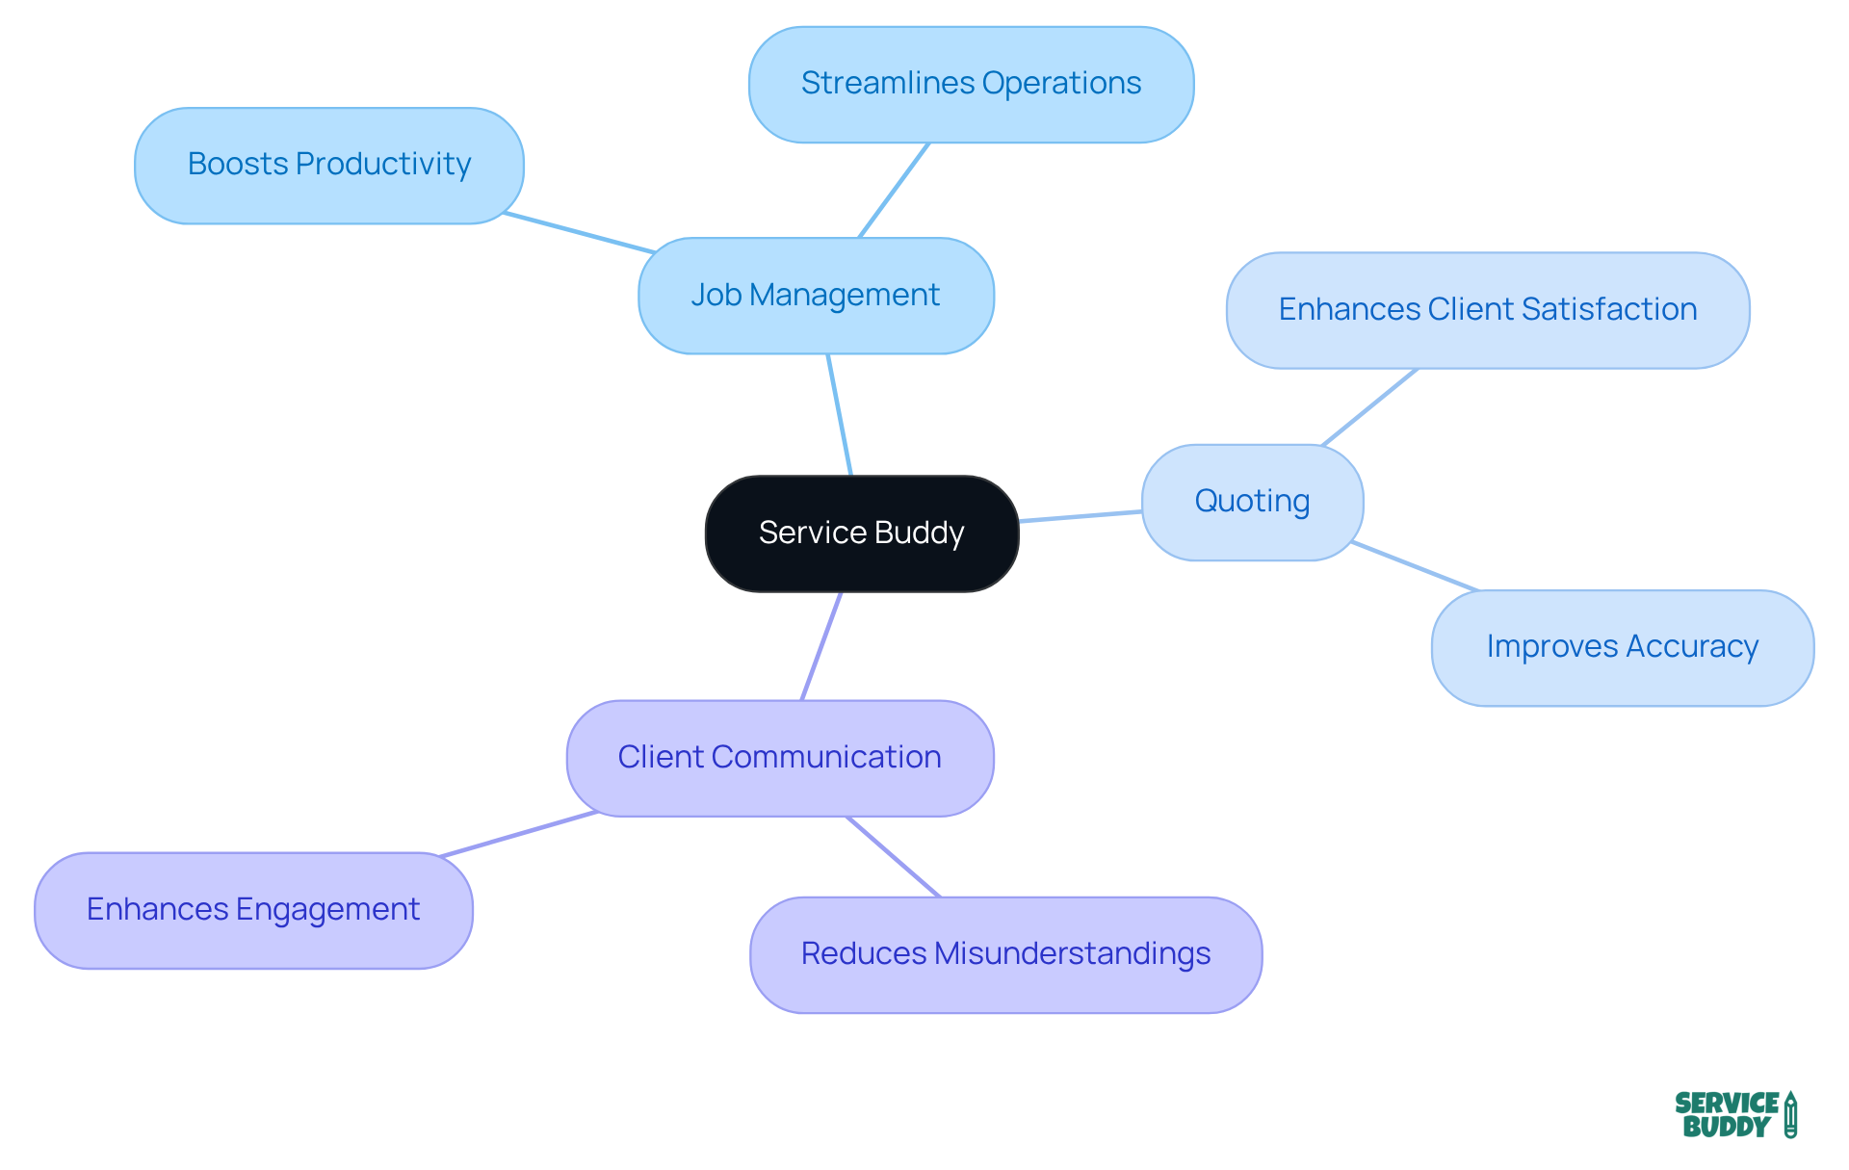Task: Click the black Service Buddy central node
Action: (x=862, y=533)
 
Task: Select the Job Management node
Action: (x=816, y=296)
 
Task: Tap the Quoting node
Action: (x=1252, y=502)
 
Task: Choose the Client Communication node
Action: (x=779, y=758)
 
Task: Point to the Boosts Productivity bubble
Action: (x=328, y=166)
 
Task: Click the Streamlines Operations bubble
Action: (x=971, y=85)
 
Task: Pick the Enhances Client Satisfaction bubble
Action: (x=1487, y=310)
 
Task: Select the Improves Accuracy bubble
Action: (x=1622, y=647)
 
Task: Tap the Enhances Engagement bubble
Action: (x=253, y=910)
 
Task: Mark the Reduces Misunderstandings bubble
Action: (x=1005, y=954)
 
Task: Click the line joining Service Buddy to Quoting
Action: (x=1081, y=517)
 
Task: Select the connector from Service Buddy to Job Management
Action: (x=840, y=415)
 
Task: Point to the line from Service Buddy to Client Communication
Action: (x=821, y=646)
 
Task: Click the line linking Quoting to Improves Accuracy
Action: (x=1414, y=566)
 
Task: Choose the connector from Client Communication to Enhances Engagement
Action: (x=518, y=834)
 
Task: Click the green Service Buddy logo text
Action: (x=1726, y=1115)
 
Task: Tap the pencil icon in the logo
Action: (x=1790, y=1115)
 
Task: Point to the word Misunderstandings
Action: (x=1072, y=954)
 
